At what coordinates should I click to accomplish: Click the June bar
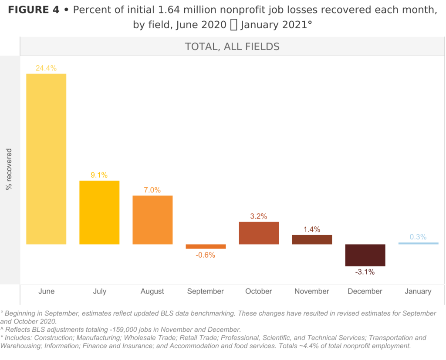46,159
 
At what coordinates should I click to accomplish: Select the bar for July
99,212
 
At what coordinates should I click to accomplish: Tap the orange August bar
152,220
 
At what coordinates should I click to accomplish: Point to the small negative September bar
206,246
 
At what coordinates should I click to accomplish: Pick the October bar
259,233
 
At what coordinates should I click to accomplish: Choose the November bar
312,239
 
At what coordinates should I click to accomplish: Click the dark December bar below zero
365,255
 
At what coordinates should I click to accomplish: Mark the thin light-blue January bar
418,243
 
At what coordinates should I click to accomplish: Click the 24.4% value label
46,68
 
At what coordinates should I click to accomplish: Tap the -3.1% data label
365,272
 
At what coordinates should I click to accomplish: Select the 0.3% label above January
418,237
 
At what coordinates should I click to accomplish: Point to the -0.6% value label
206,255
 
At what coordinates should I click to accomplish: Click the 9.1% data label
99,175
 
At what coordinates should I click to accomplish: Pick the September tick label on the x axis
206,291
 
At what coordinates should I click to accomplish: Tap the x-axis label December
365,291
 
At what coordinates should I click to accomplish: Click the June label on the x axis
46,291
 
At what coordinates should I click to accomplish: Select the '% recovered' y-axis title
9,169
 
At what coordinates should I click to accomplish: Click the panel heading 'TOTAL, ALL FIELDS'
232,47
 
